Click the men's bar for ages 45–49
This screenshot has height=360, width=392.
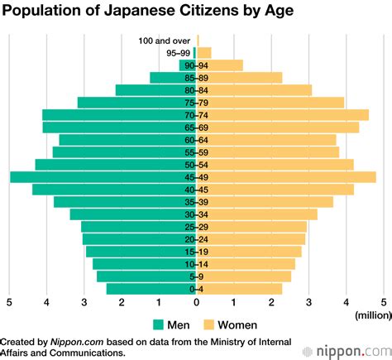[99, 177]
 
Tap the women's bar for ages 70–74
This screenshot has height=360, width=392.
[285, 115]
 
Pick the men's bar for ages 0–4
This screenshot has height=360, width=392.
[149, 289]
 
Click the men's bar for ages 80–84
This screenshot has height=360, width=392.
[153, 90]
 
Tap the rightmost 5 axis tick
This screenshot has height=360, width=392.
[384, 302]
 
